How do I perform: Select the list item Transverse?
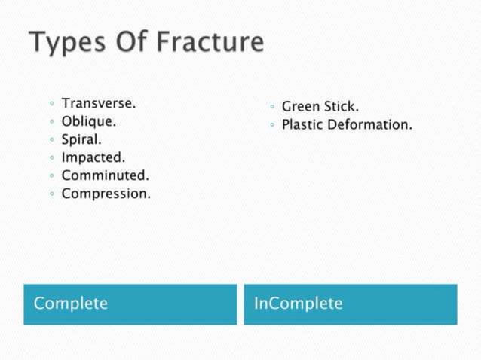tap(98, 102)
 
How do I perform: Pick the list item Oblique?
tap(88, 121)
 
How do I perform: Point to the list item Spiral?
tap(81, 139)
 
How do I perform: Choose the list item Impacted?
tap(93, 157)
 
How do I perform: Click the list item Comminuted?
tap(105, 175)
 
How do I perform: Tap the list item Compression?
tap(106, 194)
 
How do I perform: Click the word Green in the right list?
tap(300, 107)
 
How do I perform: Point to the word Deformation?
tap(369, 125)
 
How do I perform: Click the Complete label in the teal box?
tap(71, 304)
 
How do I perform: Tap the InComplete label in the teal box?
tap(298, 304)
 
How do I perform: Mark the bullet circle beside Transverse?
tap(51, 104)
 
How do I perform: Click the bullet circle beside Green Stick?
tap(271, 108)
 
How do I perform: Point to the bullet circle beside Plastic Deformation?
tap(271, 126)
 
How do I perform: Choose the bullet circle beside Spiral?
tap(51, 140)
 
